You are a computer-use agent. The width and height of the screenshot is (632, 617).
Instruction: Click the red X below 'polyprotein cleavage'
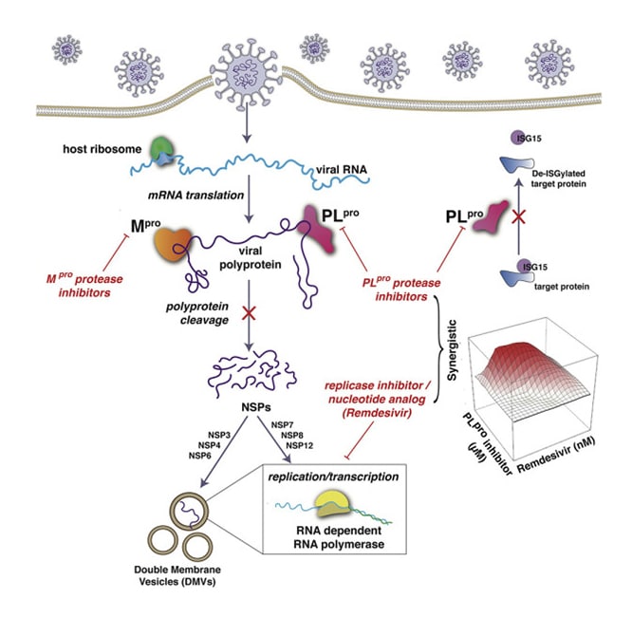(x=248, y=312)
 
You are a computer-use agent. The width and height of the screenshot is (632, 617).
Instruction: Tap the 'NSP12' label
(x=288, y=449)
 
